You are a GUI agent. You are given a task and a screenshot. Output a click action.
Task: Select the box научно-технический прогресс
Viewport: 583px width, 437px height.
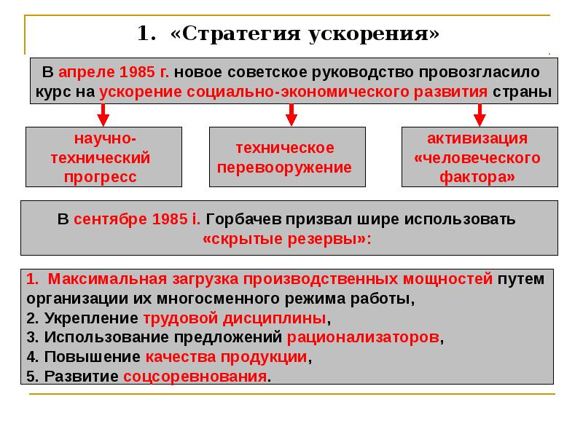pyautogui.click(x=103, y=157)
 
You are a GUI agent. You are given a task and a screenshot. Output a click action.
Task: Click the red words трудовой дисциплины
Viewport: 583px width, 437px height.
pyautogui.click(x=235, y=318)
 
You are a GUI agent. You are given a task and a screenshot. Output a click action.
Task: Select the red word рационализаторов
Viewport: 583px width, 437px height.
pyautogui.click(x=364, y=338)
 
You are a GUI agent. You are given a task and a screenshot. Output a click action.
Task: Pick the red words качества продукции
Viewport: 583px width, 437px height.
pyautogui.click(x=227, y=357)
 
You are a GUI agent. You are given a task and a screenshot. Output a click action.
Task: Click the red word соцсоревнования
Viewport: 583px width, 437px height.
pyautogui.click(x=195, y=376)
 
